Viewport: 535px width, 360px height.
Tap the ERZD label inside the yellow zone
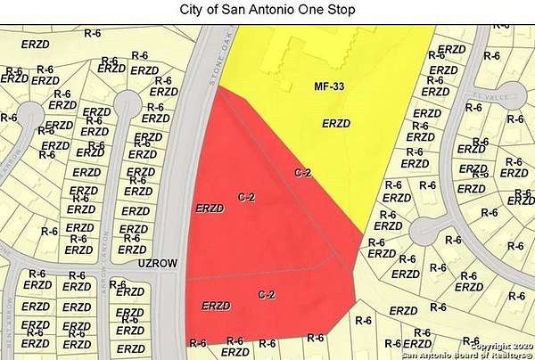tap(333, 124)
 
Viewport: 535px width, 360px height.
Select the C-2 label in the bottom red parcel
tap(266, 294)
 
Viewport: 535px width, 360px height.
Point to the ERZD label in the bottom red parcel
tap(217, 306)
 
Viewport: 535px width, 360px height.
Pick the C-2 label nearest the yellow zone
tap(303, 172)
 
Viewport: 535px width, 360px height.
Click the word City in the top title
tap(198, 10)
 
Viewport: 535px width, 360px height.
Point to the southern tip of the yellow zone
tap(362, 237)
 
